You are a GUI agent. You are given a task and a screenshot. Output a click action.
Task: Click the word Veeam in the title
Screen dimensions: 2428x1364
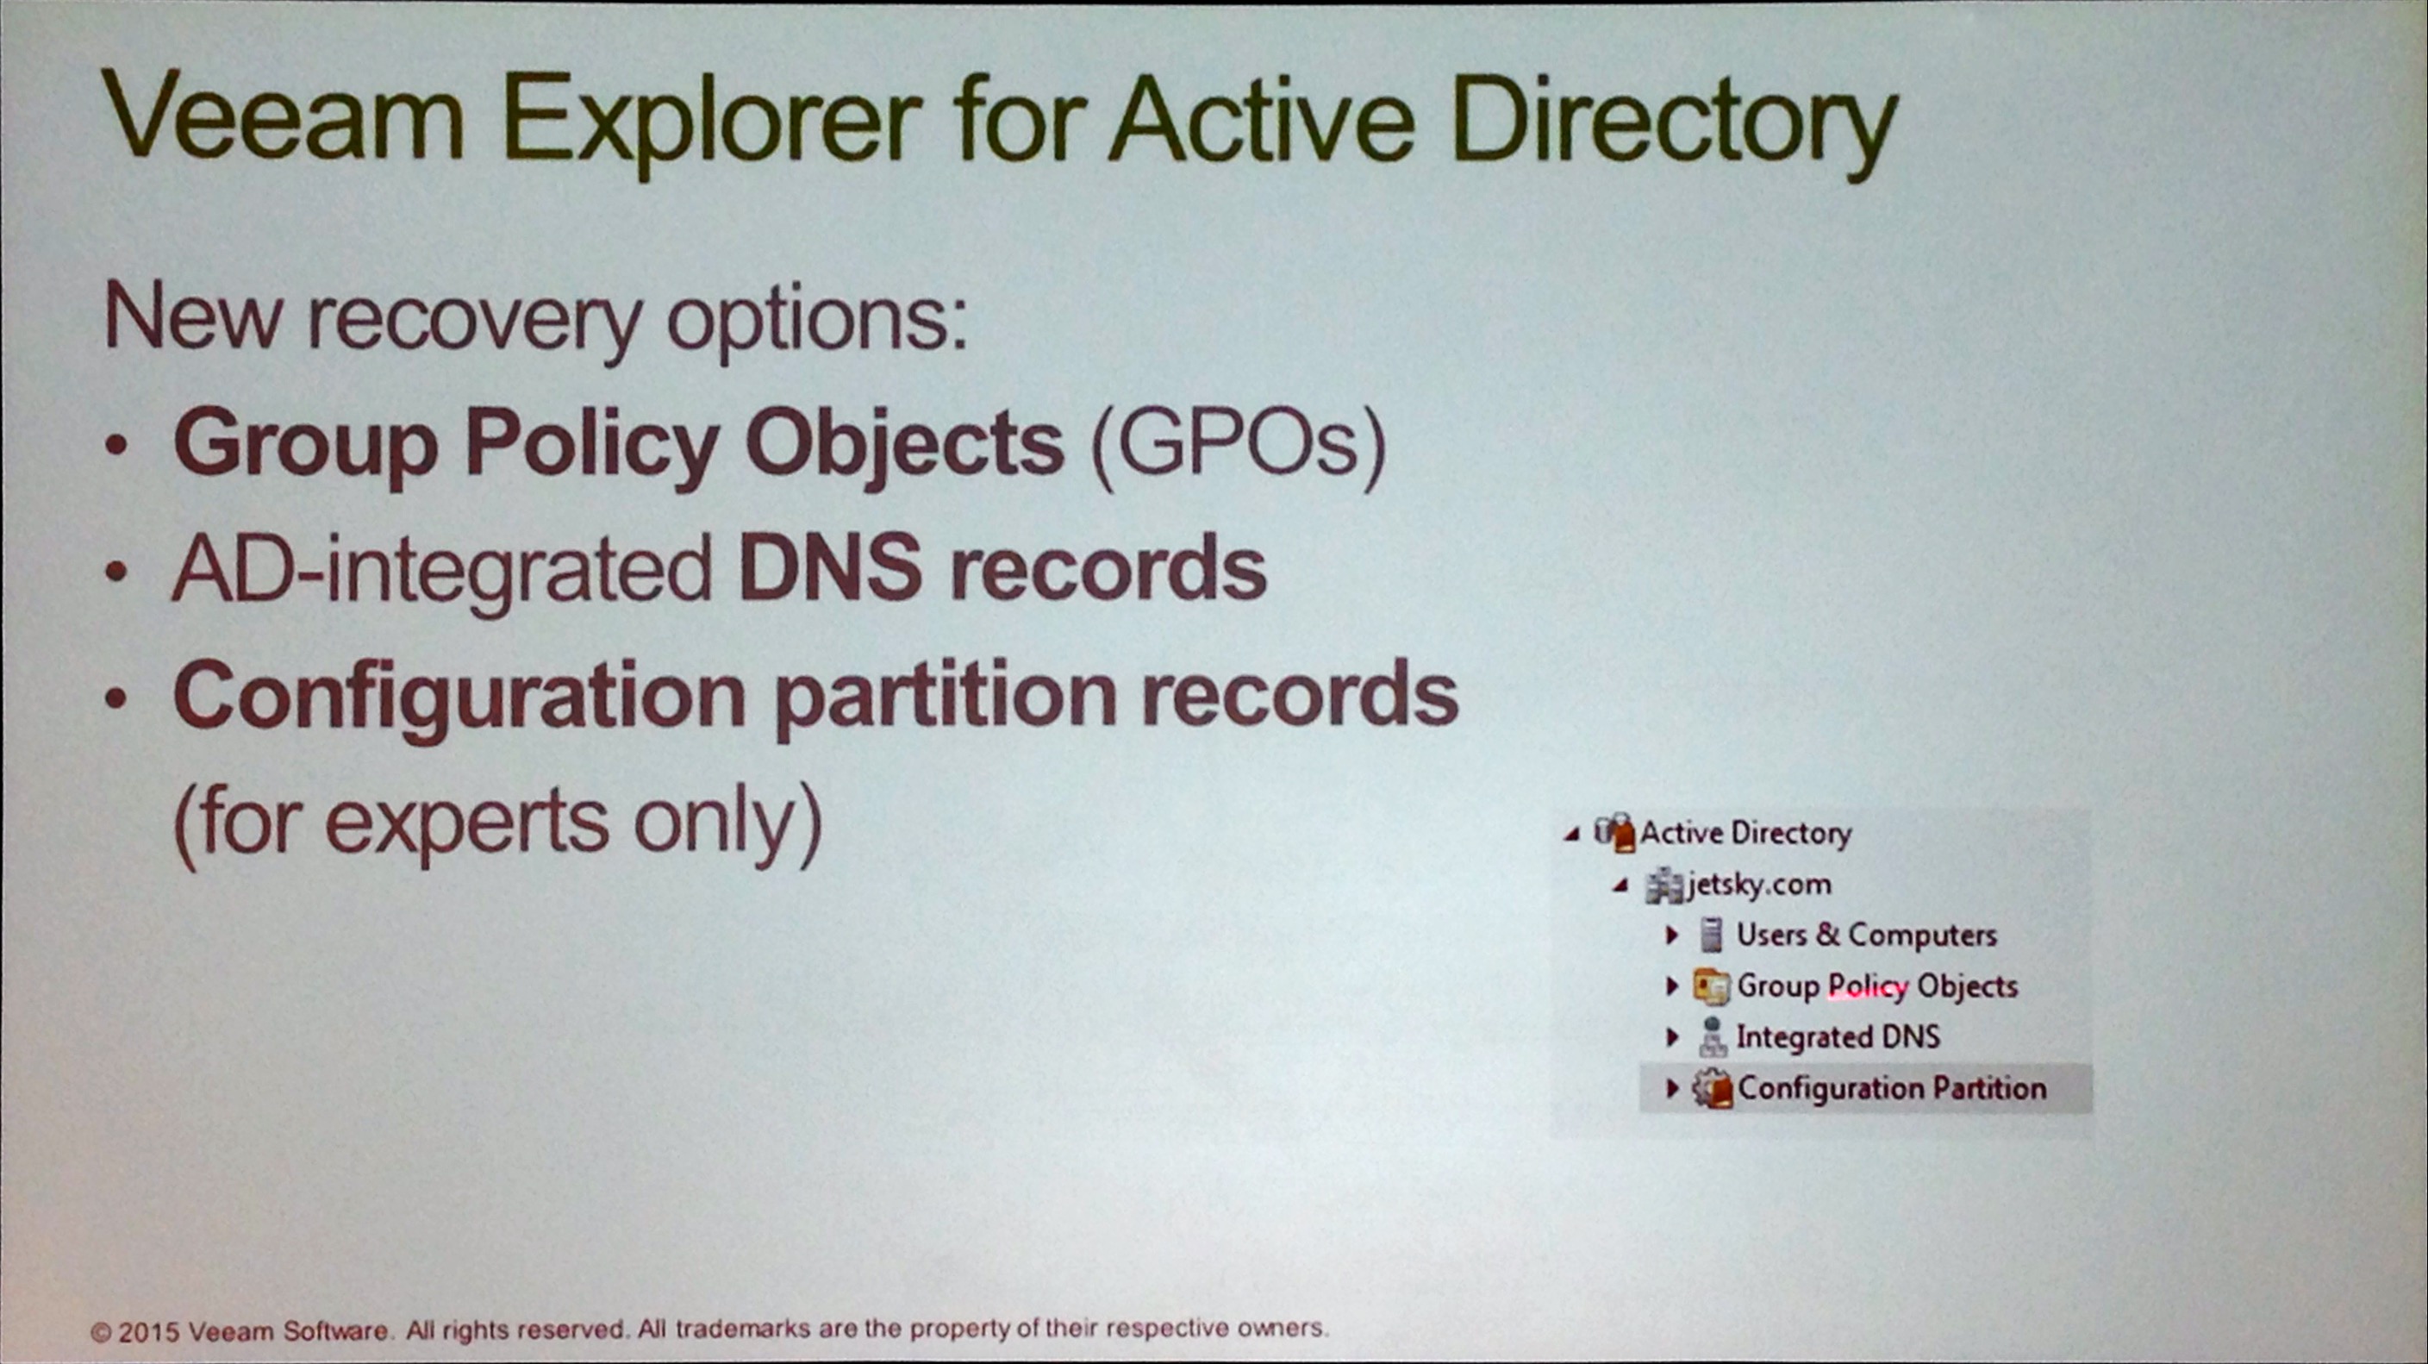tap(284, 117)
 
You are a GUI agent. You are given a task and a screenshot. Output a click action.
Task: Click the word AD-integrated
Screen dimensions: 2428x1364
tap(442, 570)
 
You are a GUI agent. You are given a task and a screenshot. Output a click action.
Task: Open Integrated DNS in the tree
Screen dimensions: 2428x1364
tap(1838, 1036)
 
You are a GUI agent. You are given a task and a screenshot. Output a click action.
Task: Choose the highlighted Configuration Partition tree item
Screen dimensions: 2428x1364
tap(1892, 1088)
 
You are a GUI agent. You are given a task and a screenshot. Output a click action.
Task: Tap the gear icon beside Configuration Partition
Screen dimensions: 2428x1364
tap(1712, 1088)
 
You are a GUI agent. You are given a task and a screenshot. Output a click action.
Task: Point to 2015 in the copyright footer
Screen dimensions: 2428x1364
tap(148, 1332)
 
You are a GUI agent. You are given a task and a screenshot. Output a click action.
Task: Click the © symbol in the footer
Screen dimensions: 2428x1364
tap(101, 1333)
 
